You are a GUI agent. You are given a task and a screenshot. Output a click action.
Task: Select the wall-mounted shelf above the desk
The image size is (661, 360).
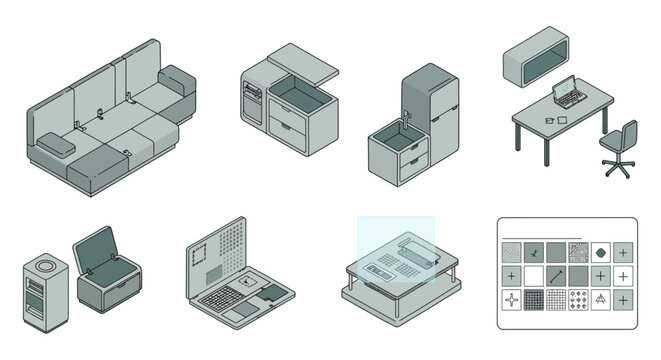tap(534, 60)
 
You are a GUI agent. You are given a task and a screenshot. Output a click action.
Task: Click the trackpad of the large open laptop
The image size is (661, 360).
tap(240, 313)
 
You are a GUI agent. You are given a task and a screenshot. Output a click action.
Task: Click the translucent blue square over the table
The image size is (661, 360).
tap(396, 249)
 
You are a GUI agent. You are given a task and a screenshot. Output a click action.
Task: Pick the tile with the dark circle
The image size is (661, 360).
tap(601, 252)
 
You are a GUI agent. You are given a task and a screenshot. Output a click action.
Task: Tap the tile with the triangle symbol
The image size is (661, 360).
tap(601, 298)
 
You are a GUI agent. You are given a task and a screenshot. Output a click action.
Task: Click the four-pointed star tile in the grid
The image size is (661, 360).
tap(512, 298)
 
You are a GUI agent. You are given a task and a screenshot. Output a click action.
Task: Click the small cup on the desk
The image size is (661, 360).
tap(548, 121)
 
